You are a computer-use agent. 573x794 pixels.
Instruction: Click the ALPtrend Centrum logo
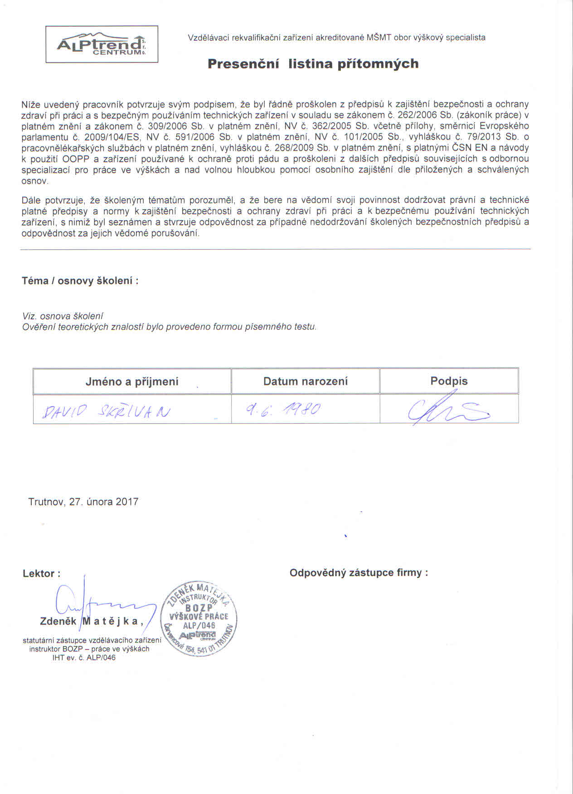(102, 44)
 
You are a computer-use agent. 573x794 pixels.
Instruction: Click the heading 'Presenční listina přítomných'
(313, 64)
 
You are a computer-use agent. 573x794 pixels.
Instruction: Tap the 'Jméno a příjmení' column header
(132, 382)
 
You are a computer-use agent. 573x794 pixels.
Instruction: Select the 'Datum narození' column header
(306, 382)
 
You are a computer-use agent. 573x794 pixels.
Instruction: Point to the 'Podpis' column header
(449, 381)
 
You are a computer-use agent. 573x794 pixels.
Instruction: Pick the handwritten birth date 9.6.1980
(283, 410)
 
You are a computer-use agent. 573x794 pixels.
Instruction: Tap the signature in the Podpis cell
(447, 409)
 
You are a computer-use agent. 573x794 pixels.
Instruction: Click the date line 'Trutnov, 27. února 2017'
(83, 502)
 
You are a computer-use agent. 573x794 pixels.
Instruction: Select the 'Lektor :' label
(41, 573)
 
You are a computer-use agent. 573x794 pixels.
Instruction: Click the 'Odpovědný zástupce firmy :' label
(359, 573)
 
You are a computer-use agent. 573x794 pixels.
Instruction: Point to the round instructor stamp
(200, 618)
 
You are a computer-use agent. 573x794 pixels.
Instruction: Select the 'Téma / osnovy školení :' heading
(80, 281)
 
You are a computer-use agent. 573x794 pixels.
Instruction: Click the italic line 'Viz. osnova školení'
(63, 316)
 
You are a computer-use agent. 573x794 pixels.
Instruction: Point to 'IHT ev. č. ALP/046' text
(84, 658)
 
